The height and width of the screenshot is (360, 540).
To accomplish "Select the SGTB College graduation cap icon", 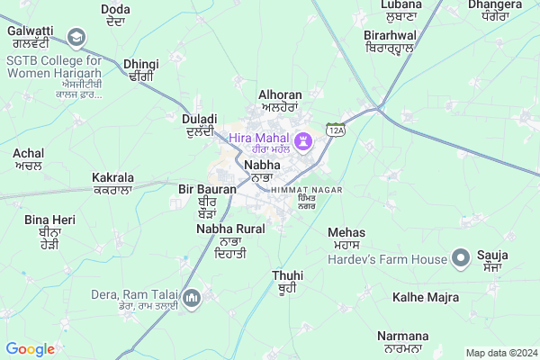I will pyautogui.click(x=76, y=38).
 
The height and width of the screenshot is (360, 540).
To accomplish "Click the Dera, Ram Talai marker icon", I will pyautogui.click(x=191, y=297).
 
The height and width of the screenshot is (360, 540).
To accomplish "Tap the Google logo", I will pyautogui.click(x=31, y=349).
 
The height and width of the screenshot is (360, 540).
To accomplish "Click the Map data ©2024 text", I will pyautogui.click(x=499, y=352).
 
